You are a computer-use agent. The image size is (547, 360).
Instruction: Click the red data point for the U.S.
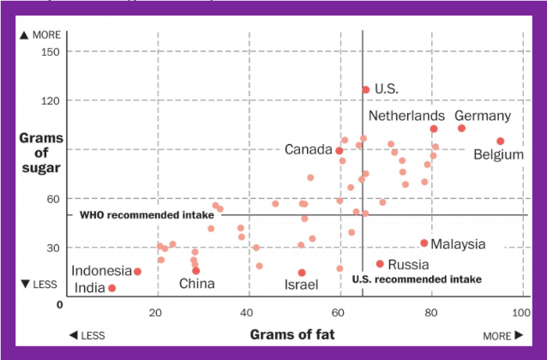[x=366, y=89]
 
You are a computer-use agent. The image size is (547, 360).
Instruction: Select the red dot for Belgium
[x=501, y=141]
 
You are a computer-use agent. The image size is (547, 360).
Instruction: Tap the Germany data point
[x=462, y=129]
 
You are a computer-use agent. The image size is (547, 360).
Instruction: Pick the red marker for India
[x=112, y=288]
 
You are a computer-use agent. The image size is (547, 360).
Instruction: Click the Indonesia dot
[x=137, y=272]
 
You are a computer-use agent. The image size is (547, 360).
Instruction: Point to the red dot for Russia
[x=380, y=264]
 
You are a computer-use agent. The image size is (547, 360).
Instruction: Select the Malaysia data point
[x=424, y=243]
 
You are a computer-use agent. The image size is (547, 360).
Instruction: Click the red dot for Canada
[x=340, y=151]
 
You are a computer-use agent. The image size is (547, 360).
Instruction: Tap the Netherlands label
[x=406, y=116]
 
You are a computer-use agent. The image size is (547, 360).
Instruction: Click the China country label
[x=196, y=284]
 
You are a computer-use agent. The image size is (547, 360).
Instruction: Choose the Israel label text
[x=302, y=285]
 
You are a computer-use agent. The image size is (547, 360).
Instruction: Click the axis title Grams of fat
[x=292, y=334]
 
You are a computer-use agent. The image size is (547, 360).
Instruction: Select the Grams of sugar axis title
[x=41, y=152]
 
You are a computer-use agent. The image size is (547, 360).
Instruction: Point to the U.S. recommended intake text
[x=416, y=279]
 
